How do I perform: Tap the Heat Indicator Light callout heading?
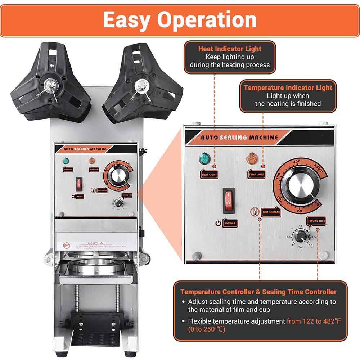pos(230,49)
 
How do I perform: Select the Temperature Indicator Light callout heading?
pos(288,88)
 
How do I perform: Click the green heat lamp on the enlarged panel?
pos(204,158)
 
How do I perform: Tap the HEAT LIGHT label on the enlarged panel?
pos(209,174)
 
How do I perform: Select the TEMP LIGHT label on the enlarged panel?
pos(256,174)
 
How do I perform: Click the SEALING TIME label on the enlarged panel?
pos(316,220)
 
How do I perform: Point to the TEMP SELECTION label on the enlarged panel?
pos(270,212)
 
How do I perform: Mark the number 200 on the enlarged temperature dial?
pos(297,162)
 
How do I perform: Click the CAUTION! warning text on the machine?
pos(96,243)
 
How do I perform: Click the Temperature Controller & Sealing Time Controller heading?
pos(258,292)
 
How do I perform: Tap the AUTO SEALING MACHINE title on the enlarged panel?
pos(239,137)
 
